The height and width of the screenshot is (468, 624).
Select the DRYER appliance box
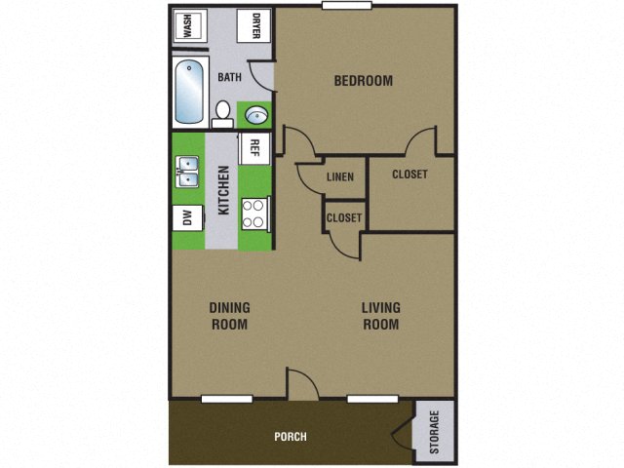click(x=255, y=25)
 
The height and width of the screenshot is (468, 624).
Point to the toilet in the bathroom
click(x=222, y=113)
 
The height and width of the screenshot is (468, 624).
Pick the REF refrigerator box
click(x=253, y=147)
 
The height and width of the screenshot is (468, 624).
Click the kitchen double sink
click(x=187, y=173)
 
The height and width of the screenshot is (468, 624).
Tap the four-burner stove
click(x=253, y=213)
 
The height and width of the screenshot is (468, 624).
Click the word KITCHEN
click(x=223, y=191)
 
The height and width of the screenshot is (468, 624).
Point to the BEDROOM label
click(x=363, y=81)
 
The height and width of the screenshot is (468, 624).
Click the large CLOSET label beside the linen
click(x=410, y=175)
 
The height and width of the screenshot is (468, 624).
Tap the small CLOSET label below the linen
click(x=344, y=217)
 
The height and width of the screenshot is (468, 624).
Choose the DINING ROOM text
click(x=229, y=316)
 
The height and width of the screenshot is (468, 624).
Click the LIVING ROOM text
click(x=380, y=316)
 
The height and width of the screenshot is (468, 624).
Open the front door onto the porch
click(x=303, y=385)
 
